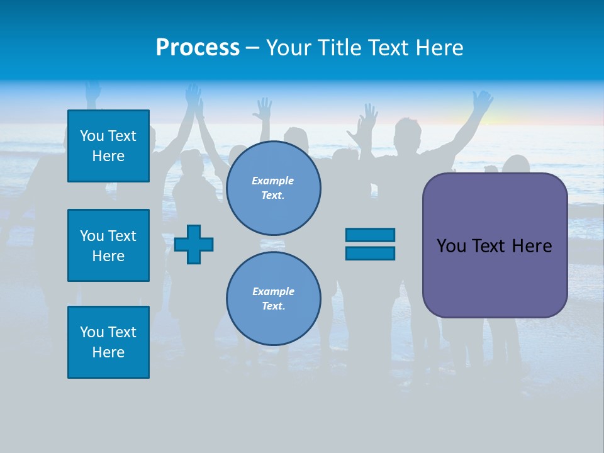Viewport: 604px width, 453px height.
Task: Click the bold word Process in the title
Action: click(198, 48)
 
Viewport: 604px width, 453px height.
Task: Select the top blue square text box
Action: click(108, 146)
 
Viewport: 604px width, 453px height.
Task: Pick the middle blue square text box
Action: click(108, 245)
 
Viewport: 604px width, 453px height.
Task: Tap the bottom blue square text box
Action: click(108, 342)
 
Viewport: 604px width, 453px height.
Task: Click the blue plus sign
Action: click(194, 244)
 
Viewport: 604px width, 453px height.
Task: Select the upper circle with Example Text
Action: click(273, 187)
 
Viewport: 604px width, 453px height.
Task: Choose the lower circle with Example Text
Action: click(273, 298)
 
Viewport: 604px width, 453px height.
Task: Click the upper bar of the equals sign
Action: click(370, 235)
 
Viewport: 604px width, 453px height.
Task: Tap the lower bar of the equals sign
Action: click(370, 253)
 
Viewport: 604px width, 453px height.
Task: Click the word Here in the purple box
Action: click(532, 246)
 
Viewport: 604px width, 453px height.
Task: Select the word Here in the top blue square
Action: click(108, 156)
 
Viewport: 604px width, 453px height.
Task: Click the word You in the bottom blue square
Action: click(92, 332)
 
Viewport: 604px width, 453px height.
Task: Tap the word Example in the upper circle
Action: click(273, 181)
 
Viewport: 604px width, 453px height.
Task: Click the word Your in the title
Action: click(289, 48)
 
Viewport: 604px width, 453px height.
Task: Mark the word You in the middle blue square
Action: click(92, 236)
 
